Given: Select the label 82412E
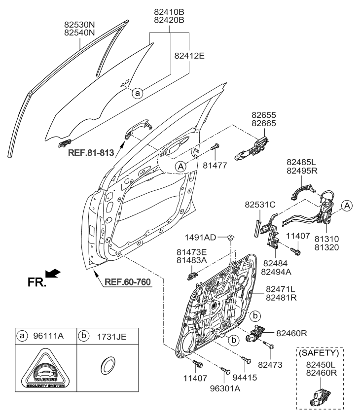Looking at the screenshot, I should pos(189,56).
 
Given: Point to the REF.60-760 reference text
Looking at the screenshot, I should pos(127,282).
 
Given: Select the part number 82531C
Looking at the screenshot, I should pos(258,204).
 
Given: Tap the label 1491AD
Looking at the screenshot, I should pos(204,237).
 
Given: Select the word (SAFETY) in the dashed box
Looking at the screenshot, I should pos(320,353).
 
